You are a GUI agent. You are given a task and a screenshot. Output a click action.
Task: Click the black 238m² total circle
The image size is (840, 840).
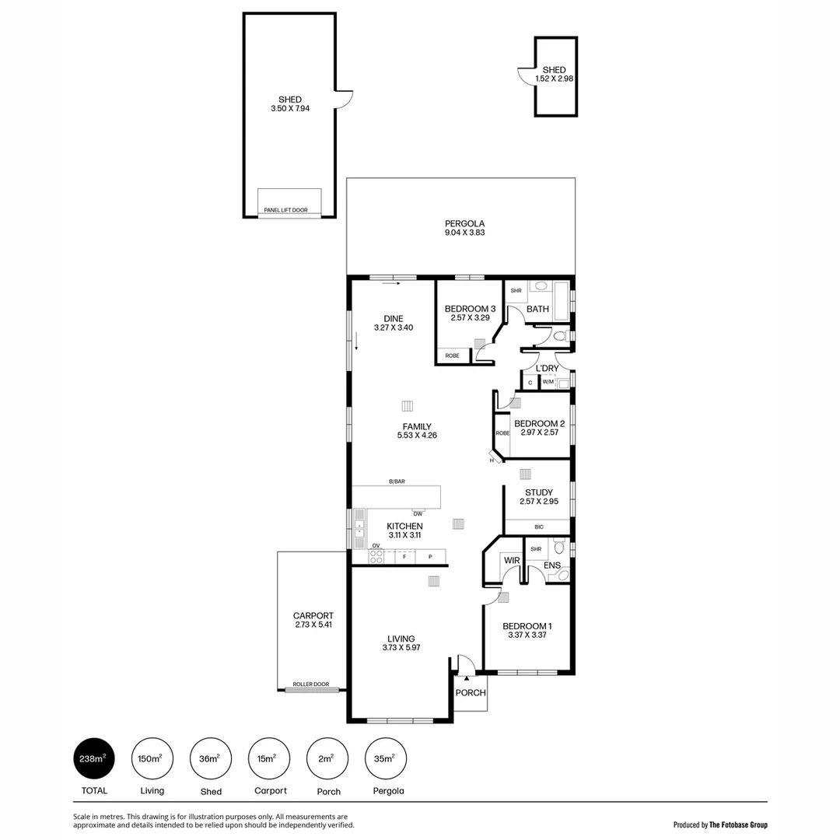tap(94, 758)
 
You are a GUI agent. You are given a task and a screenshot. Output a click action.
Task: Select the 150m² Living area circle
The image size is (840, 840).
tap(152, 758)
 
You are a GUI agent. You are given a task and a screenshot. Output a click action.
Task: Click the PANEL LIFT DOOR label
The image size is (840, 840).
tap(285, 210)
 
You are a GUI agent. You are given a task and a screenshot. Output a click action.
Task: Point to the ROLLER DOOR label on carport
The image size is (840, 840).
tap(310, 684)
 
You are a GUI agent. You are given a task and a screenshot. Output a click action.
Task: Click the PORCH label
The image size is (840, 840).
tap(470, 692)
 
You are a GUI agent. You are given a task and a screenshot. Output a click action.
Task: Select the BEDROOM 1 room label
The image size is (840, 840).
tap(527, 626)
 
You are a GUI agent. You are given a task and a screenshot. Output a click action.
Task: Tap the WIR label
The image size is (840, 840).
tap(511, 560)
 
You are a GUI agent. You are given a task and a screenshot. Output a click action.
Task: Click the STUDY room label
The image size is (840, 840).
tap(538, 492)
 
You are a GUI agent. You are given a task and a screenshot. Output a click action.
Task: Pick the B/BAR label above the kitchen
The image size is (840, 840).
tap(397, 481)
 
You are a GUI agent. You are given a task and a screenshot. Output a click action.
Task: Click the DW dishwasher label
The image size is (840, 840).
tap(418, 513)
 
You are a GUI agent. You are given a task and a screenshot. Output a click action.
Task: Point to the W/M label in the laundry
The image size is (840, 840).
tap(548, 382)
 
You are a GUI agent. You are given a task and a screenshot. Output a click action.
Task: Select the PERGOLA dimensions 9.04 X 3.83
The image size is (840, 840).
tap(464, 232)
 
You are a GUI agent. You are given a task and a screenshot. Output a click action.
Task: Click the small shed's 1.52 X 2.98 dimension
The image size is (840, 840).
tap(555, 79)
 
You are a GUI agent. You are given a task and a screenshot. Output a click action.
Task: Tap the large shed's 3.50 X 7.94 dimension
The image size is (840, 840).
tap(289, 109)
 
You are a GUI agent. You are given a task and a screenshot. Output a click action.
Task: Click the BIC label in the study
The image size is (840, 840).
tap(538, 527)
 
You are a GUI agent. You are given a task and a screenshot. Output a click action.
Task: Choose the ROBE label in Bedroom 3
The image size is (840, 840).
tap(452, 355)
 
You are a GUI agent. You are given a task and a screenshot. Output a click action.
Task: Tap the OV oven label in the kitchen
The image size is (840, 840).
tap(375, 546)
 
